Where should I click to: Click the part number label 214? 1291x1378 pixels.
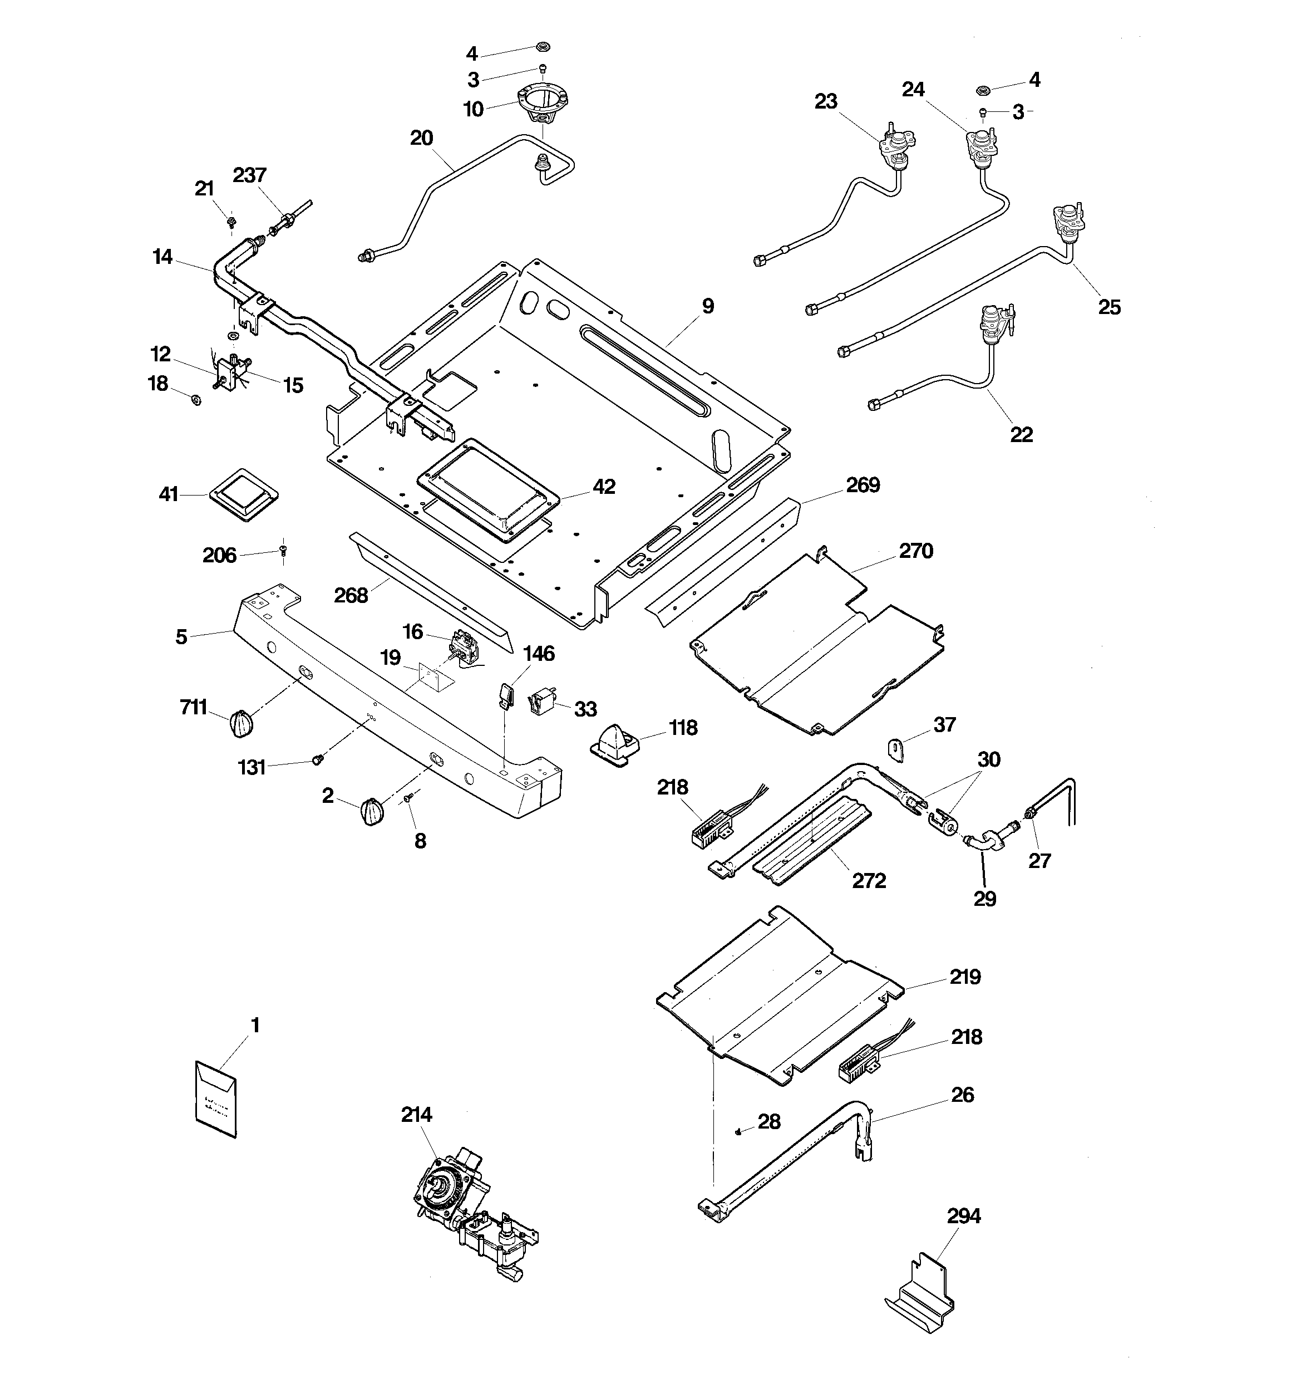point(416,1115)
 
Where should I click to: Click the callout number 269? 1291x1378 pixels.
point(863,484)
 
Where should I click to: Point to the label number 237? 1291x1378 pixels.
point(249,175)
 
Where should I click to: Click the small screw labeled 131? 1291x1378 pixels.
point(317,759)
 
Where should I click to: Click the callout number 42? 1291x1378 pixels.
point(604,487)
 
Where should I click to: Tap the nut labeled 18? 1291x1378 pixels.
point(196,399)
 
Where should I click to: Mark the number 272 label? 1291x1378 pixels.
point(869,880)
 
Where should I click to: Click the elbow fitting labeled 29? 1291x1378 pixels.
point(983,844)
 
